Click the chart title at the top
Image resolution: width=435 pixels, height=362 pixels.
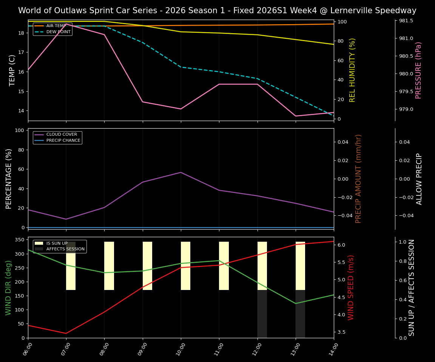tap(217, 11)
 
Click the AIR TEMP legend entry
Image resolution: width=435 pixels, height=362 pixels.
tap(56, 26)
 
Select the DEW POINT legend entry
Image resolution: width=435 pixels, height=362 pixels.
tap(58, 32)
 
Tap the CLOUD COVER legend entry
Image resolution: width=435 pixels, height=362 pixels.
tap(62, 135)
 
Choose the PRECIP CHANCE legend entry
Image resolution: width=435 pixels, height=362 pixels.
tap(63, 141)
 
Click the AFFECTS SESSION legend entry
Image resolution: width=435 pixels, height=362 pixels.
tap(65, 249)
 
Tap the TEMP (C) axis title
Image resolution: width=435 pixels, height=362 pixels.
tap(12, 70)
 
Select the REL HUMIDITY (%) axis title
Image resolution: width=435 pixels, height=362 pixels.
tap(352, 70)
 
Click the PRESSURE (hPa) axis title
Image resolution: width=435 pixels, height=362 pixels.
tap(418, 70)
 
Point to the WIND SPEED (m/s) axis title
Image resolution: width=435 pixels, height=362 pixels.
tap(351, 287)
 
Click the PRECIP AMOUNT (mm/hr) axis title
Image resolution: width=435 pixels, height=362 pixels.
tap(358, 179)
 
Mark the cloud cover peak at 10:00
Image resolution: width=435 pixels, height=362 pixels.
tap(181, 172)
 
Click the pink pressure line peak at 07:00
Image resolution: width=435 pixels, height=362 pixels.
tap(66, 24)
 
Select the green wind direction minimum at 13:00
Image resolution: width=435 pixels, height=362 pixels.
tap(296, 304)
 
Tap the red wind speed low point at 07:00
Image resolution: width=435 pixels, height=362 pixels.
tap(66, 333)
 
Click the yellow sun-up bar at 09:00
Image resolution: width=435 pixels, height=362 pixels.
tap(147, 266)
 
